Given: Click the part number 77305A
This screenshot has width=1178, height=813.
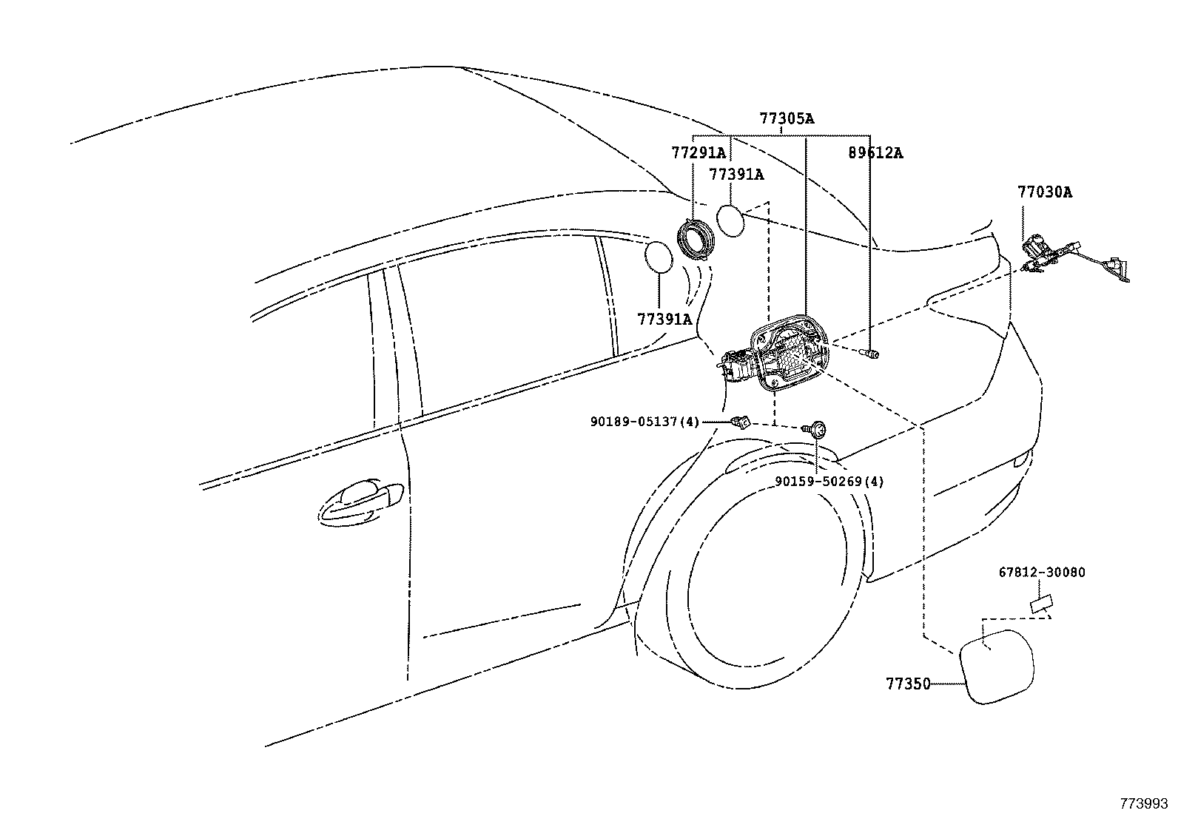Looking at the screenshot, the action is (x=787, y=119).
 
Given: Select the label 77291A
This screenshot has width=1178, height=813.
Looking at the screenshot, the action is (x=699, y=153).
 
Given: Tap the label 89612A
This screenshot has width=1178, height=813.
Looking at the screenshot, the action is (x=875, y=153).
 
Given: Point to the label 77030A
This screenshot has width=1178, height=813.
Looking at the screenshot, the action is (x=1044, y=192).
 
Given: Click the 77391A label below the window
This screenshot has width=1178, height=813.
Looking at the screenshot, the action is (x=664, y=319).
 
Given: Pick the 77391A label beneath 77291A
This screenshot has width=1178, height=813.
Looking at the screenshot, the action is (x=736, y=174).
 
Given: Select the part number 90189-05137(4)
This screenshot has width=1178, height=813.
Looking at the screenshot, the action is (x=644, y=422).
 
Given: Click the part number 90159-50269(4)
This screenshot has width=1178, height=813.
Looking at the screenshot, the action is (x=829, y=481).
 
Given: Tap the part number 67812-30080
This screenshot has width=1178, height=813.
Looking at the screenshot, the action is (x=1042, y=572).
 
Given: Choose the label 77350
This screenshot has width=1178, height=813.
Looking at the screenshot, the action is (x=908, y=684).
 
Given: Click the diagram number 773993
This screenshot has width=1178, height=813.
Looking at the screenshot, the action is (x=1144, y=803).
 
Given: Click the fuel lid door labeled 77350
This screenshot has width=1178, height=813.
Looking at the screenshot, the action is (x=997, y=667).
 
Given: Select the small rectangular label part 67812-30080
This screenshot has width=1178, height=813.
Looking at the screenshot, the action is (x=1041, y=604).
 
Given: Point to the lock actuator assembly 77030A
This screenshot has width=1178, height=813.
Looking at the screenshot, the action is (x=1073, y=260).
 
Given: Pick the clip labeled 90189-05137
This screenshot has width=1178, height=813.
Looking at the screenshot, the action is (x=741, y=422).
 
